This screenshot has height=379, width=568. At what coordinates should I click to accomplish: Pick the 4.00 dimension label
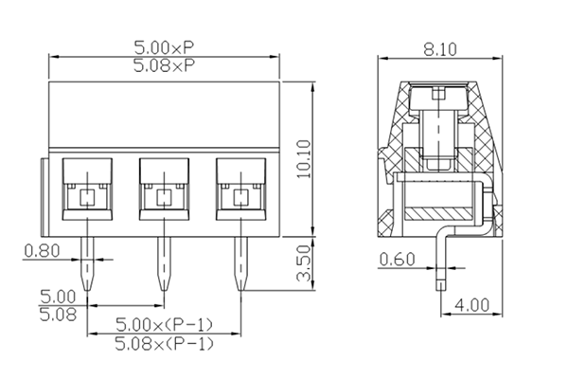pyautogui.click(x=471, y=306)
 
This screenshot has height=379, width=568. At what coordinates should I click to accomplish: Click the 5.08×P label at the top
pyautogui.click(x=165, y=65)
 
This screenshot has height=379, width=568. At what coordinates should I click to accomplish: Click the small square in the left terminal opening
pyautogui.click(x=87, y=198)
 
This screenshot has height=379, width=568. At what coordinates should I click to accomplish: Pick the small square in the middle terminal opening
pyautogui.click(x=163, y=198)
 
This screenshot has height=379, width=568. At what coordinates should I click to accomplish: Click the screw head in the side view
pyautogui.click(x=440, y=96)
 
